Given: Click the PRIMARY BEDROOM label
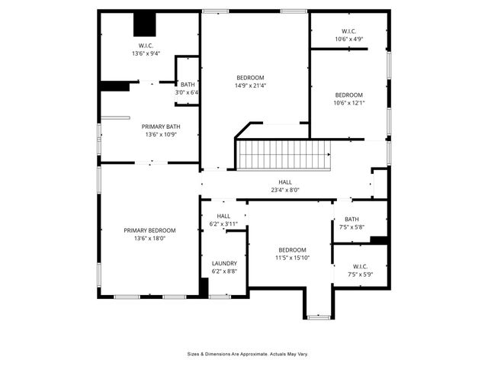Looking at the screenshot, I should pos(150,230).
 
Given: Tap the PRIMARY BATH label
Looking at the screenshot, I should pos(161,126).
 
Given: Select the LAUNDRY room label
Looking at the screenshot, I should pos(224,263).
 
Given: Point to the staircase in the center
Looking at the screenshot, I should pos(283,156).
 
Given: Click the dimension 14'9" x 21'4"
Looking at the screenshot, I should pos(250,86).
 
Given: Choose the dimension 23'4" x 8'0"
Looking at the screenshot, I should pos(285,191).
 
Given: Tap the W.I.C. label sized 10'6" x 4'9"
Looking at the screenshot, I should pos(349,38).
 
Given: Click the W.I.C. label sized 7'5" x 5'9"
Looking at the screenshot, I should pos(360,274).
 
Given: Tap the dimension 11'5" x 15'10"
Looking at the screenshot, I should pos(292,258).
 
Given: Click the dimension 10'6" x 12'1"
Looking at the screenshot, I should pos(349,103).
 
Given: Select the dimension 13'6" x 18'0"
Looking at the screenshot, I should pos(150,239).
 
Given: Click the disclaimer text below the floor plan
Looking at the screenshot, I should pos(248,354).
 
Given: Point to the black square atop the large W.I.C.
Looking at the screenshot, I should pos(145,24).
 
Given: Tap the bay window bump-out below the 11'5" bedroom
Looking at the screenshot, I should pos(318,305).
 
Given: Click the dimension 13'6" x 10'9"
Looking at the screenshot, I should pos(161,134).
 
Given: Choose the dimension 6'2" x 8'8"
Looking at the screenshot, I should pos(224,271).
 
